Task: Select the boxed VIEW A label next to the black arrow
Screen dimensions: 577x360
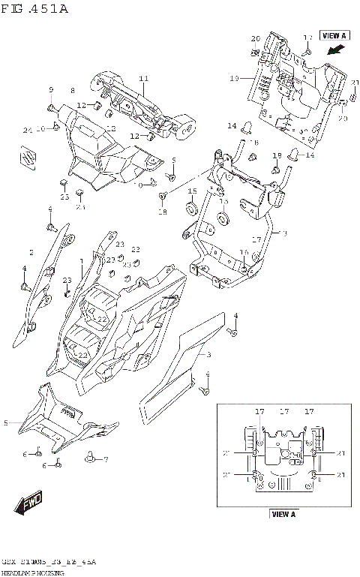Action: (333, 35)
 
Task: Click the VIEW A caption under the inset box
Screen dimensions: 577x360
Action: (283, 514)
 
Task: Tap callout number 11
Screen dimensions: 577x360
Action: (143, 79)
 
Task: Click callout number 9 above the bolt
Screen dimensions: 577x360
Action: (52, 91)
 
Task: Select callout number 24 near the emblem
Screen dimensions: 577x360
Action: (27, 130)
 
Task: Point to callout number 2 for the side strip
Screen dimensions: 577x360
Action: (31, 252)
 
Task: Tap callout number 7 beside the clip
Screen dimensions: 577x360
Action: (106, 459)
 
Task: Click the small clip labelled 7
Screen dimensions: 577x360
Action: (91, 455)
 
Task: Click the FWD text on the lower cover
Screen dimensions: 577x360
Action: (67, 412)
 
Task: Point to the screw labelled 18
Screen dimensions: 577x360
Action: (162, 197)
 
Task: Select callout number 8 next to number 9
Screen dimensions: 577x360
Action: (73, 91)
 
